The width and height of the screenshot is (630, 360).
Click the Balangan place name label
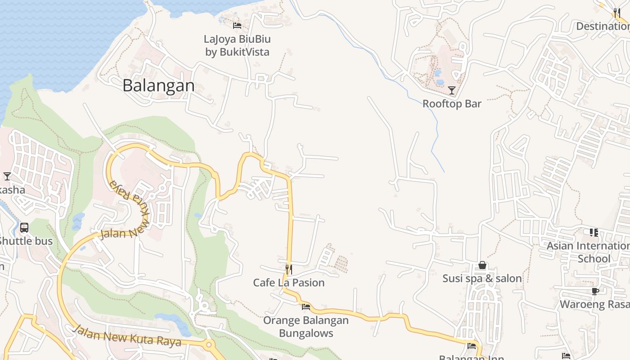pos(158,85)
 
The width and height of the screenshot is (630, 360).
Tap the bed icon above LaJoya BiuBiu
pos(237,25)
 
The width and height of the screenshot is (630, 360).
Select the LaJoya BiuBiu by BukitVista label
pos(237,45)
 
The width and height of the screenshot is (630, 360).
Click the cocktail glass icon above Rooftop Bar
pos(452,90)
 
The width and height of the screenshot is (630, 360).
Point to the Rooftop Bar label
pos(452,104)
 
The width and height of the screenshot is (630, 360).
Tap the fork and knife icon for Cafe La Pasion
pos(289,269)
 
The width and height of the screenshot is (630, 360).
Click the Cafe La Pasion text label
pos(289,283)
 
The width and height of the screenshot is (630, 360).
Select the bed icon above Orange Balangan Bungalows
pos(306,307)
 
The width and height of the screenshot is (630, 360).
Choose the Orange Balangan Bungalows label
pos(306,327)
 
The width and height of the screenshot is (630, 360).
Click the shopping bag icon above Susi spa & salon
pos(482,265)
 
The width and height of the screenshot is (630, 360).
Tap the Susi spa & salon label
pos(482,279)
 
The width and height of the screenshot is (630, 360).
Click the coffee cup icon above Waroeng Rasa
pos(595,291)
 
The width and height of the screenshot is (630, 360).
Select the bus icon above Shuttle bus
pos(24,228)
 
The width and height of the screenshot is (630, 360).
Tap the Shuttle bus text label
pos(26,241)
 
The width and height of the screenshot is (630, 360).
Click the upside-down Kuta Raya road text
pos(129,198)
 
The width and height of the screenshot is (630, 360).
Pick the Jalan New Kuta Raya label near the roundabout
pos(127,337)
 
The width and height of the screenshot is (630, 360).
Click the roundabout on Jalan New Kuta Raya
pos(208,345)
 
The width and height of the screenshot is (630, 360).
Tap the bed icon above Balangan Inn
pos(472,346)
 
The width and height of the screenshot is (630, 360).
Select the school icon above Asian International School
pos(594,232)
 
